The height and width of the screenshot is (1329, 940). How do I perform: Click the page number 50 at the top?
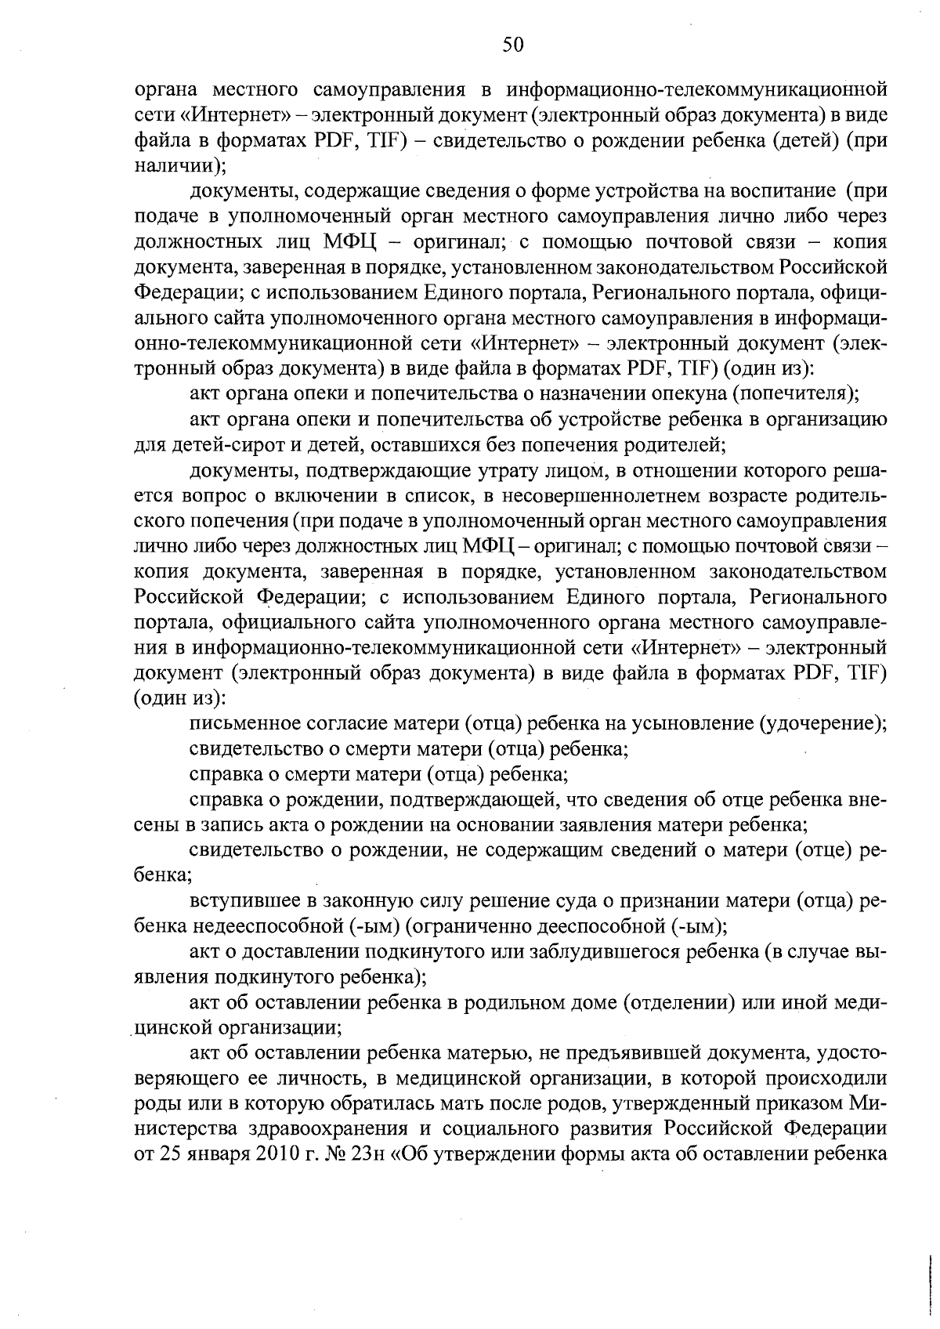[513, 45]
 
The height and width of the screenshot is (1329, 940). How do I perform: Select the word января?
[216, 1156]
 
